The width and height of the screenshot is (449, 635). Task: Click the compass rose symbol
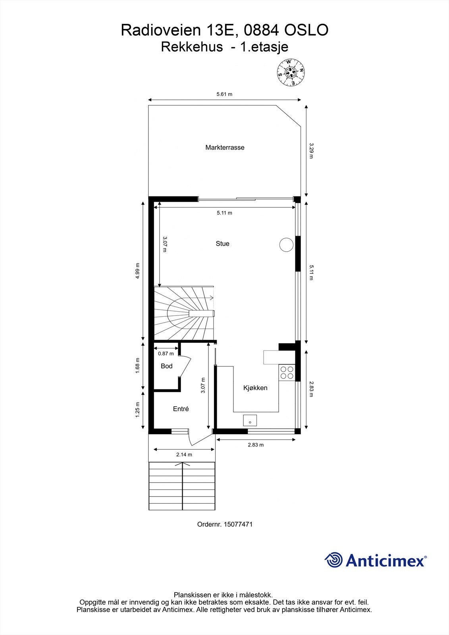(x=291, y=72)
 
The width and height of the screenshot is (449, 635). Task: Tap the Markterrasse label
(x=225, y=148)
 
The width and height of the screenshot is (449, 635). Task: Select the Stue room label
(x=222, y=244)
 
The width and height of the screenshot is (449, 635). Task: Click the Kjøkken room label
(x=255, y=388)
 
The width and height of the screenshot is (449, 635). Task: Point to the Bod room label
(x=167, y=366)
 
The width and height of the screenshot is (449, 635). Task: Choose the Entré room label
(x=181, y=409)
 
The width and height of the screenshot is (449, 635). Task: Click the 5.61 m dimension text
(x=224, y=94)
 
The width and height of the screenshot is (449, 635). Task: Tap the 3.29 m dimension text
(x=311, y=151)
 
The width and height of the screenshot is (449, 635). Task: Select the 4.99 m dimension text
(x=138, y=271)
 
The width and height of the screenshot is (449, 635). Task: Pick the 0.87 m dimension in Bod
(x=166, y=353)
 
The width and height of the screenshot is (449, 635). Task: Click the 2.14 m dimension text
(x=184, y=454)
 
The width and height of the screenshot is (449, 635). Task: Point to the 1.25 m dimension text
(x=138, y=410)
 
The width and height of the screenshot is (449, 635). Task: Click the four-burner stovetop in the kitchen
(x=287, y=372)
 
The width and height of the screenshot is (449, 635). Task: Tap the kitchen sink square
(x=250, y=420)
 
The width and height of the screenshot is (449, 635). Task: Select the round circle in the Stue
(x=286, y=244)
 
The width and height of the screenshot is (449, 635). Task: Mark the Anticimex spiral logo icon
(x=333, y=560)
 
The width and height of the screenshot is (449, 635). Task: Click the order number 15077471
(x=238, y=524)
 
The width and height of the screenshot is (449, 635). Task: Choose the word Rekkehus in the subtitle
(x=192, y=47)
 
